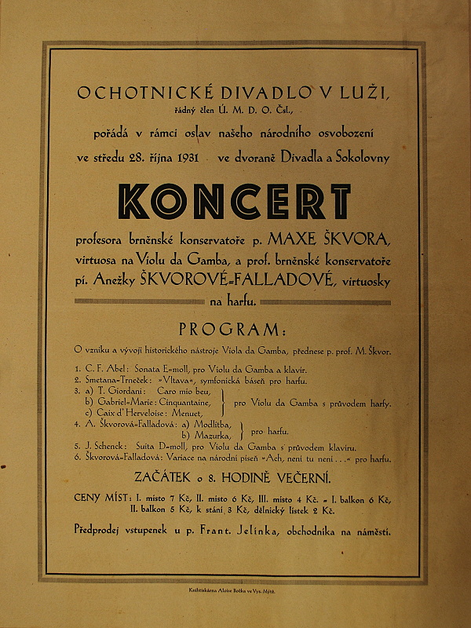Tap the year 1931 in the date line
point(184,159)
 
